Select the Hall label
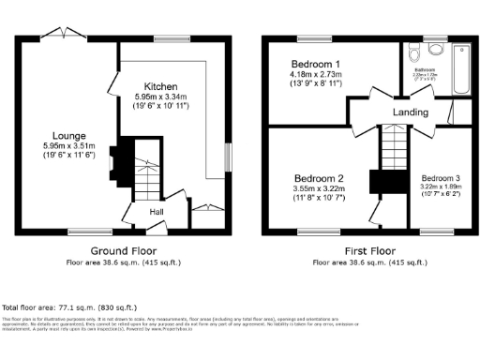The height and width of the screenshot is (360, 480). [158, 211]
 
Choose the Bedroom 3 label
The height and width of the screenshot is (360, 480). [440, 178]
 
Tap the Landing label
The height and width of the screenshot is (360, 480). [411, 112]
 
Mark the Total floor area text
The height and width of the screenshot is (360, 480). [69, 307]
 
